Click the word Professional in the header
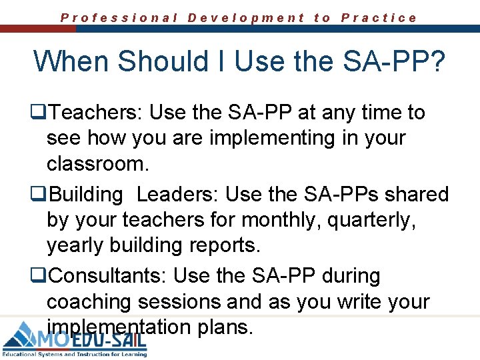[119, 18]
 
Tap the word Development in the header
[246, 18]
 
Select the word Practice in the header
[379, 18]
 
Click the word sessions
[179, 301]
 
